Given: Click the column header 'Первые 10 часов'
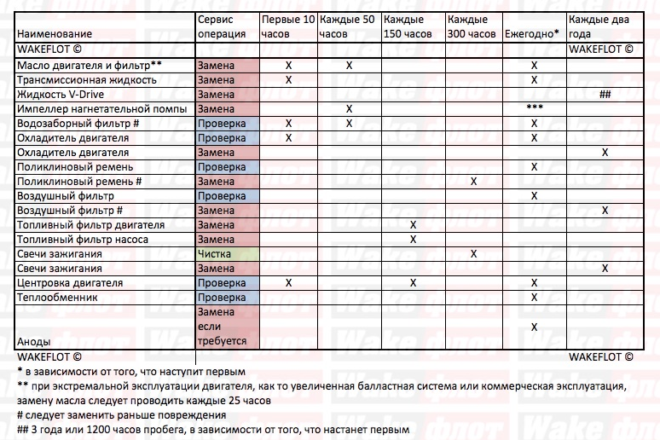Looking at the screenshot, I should [x=287, y=26].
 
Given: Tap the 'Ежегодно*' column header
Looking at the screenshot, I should [x=532, y=34].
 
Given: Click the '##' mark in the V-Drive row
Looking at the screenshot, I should [x=605, y=94].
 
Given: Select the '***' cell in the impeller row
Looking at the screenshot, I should [x=535, y=108].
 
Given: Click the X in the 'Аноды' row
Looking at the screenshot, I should [x=535, y=327].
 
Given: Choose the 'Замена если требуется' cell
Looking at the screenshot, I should [x=222, y=327].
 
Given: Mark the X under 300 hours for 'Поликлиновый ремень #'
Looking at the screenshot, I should [x=473, y=182].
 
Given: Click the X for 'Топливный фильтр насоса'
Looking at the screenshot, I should [x=414, y=240].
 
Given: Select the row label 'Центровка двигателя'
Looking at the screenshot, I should [x=70, y=283].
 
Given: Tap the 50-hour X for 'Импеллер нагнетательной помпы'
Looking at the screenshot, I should [x=349, y=108].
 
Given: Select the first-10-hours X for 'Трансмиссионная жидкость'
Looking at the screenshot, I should [x=288, y=79].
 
